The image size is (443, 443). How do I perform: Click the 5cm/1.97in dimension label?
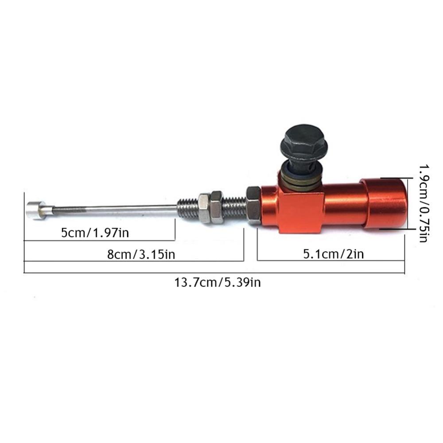(95, 233)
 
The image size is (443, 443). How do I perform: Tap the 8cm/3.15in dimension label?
(141, 255)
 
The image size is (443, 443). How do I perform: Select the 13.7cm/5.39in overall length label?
(218, 282)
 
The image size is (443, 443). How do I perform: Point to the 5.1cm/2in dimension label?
(334, 254)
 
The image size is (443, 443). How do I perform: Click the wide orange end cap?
(384, 203)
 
